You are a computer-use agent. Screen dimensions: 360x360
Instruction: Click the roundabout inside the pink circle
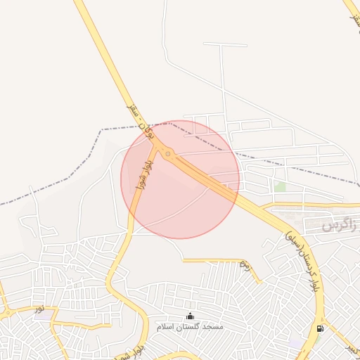pos(168,154)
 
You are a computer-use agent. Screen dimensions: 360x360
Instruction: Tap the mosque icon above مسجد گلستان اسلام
pos(191,316)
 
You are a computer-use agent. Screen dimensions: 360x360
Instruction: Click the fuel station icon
pos(321,328)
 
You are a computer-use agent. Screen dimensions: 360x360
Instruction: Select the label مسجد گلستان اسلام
pos(190,327)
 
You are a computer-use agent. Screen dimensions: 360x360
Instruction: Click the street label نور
pos(40,308)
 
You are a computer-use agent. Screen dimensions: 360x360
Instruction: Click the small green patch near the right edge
pos(281,187)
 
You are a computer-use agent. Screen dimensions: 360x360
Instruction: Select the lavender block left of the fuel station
pos(296,342)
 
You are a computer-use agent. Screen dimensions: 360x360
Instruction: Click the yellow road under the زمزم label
pos(225,261)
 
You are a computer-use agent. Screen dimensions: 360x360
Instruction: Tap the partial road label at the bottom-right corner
pos(349,349)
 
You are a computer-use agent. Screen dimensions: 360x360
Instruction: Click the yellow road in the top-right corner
pos(352,10)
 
